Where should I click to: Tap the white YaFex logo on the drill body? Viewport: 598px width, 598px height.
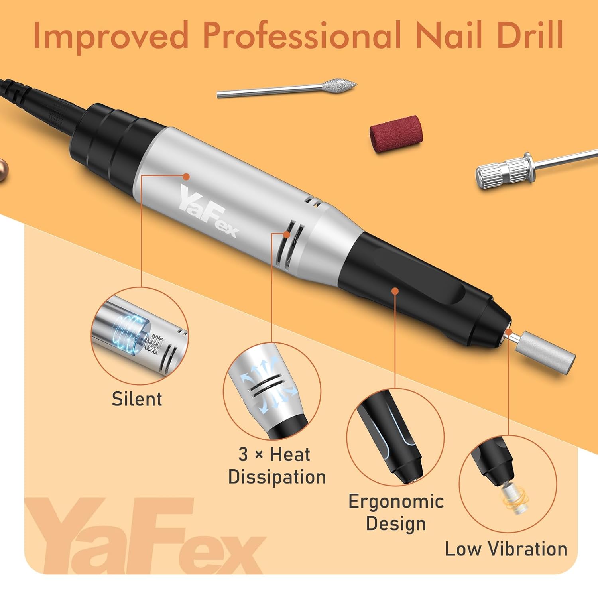coord(208,211)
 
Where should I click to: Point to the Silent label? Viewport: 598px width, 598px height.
coord(137,399)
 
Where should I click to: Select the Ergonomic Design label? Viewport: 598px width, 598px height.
coord(395,512)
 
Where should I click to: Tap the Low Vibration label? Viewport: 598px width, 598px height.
coord(506,549)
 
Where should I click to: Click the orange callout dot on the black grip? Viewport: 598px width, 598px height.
coord(395,291)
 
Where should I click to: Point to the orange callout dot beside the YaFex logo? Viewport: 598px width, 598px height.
coord(185,176)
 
